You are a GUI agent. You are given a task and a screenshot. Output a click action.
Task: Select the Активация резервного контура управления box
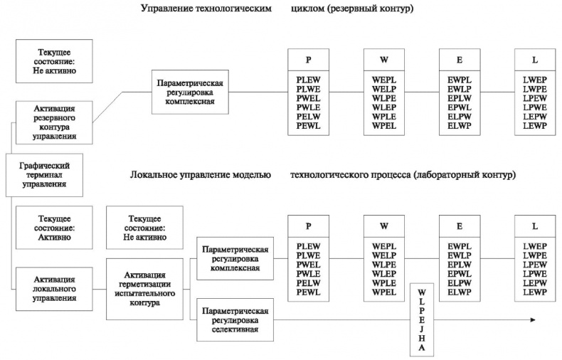click(54, 121)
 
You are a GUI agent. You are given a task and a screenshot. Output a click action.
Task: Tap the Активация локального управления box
click(54, 288)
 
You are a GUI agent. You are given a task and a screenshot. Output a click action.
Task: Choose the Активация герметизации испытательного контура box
click(144, 288)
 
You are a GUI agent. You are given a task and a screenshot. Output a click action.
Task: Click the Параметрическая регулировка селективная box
click(235, 320)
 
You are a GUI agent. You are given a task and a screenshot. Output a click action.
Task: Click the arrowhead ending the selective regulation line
click(532, 320)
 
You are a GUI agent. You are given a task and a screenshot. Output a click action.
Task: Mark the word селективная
click(235, 329)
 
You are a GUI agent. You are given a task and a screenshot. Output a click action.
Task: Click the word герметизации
click(144, 288)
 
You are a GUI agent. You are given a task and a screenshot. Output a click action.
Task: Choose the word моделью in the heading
click(251, 174)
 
